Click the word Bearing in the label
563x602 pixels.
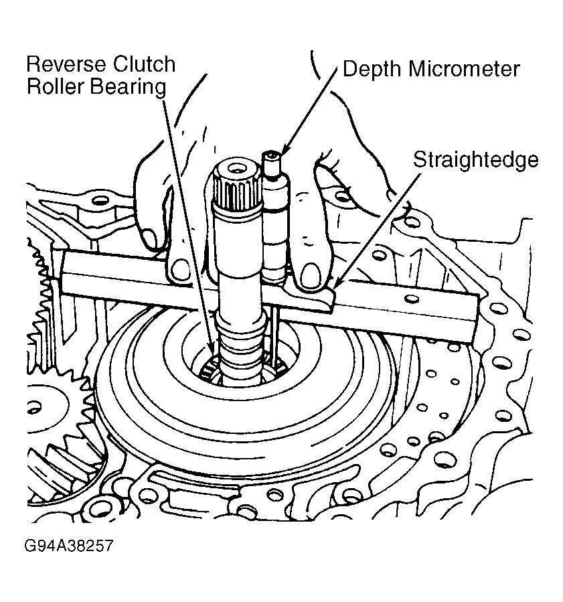(128, 87)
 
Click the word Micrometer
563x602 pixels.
(464, 69)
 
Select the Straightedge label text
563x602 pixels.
(476, 159)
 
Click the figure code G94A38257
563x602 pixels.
(69, 546)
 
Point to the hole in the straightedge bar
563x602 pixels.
(412, 298)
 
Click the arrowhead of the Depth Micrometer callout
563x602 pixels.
(285, 151)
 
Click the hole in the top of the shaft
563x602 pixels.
(234, 168)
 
